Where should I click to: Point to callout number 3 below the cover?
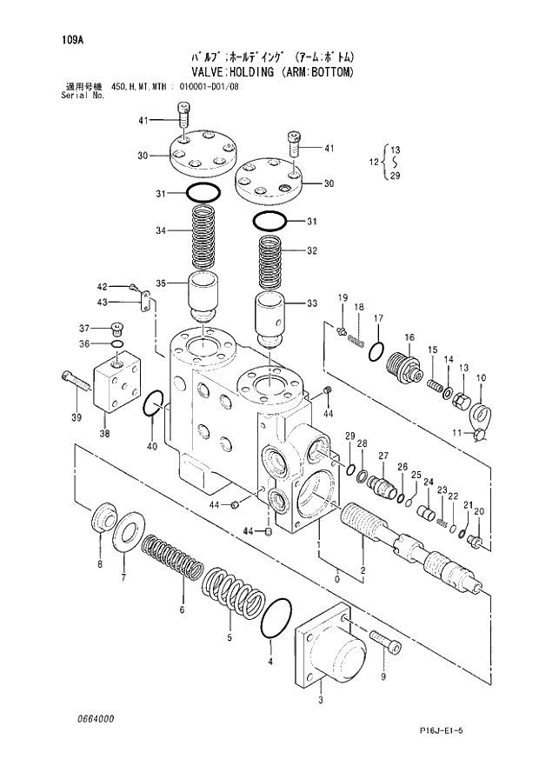point(322,700)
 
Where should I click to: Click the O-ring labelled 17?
point(374,351)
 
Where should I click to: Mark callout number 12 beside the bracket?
point(375,163)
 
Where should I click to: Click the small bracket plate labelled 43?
point(147,303)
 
